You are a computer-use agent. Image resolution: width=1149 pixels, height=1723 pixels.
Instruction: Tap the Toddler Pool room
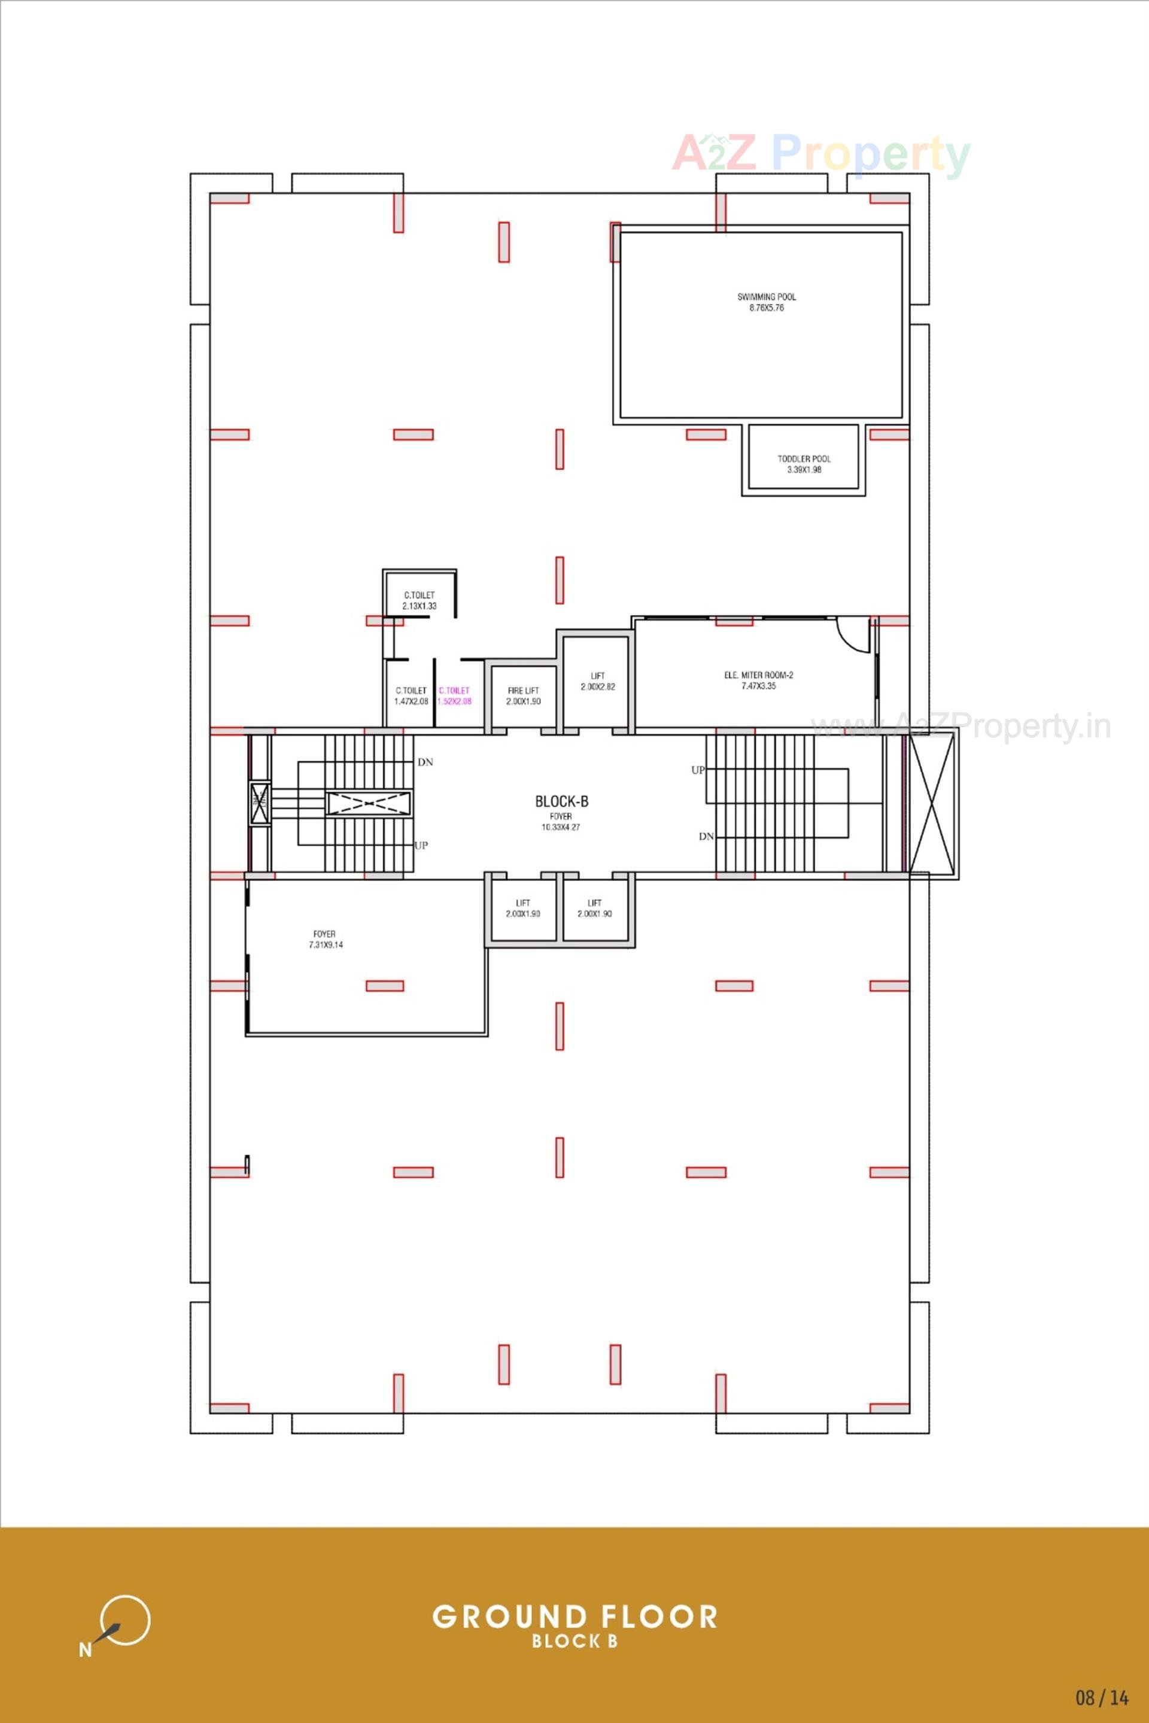tap(804, 464)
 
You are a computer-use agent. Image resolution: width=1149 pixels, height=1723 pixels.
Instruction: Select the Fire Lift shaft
tap(523, 696)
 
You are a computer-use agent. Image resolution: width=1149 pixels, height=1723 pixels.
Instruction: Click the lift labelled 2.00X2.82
tap(597, 682)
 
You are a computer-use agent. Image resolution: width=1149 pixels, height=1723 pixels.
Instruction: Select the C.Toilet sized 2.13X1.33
tap(419, 600)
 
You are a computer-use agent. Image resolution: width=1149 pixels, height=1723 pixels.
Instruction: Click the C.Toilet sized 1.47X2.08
tap(411, 696)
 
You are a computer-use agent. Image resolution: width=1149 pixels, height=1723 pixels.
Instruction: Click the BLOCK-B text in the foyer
tap(561, 802)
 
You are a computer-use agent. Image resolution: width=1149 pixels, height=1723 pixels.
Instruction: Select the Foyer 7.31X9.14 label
tap(326, 940)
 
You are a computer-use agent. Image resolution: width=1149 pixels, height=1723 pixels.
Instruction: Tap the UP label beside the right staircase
tap(698, 770)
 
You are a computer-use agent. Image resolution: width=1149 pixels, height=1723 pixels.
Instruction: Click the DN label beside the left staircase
tap(425, 762)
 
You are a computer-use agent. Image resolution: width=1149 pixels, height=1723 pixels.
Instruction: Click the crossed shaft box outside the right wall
tap(932, 803)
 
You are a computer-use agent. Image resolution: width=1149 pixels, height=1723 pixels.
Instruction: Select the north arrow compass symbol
tap(121, 1621)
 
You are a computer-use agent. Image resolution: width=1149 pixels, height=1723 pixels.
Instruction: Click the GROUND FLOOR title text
tap(574, 1616)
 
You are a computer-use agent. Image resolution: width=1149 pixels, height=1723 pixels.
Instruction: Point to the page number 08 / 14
tap(1101, 1697)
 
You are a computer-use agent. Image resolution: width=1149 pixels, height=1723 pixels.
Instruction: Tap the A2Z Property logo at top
tap(820, 153)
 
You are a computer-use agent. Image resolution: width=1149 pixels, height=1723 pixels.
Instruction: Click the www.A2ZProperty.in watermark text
tap(960, 727)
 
